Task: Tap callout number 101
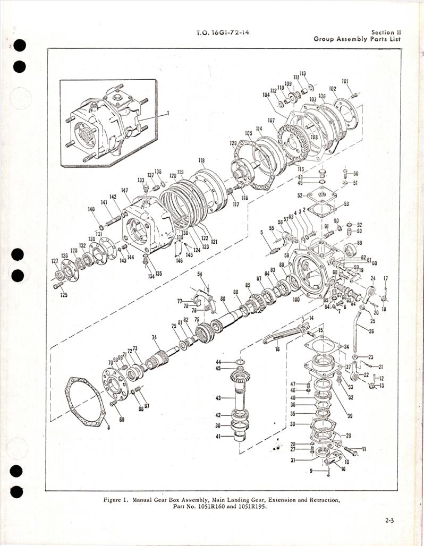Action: point(345,81)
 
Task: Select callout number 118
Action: point(201,160)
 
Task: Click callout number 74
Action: point(154,337)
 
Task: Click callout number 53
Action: point(346,204)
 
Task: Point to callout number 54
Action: point(200,274)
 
